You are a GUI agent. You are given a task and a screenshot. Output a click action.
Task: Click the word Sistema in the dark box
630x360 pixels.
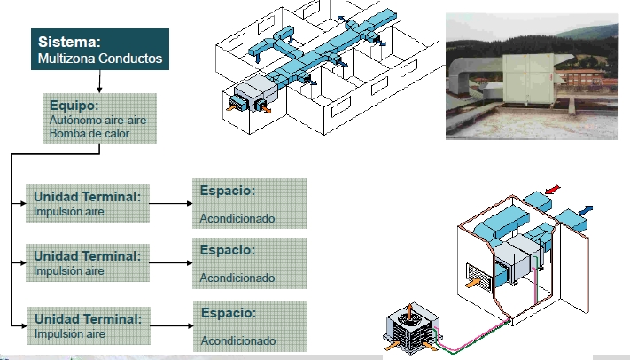pyautogui.click(x=69, y=42)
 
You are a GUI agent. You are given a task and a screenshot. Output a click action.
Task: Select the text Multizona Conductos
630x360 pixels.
pyautogui.click(x=99, y=59)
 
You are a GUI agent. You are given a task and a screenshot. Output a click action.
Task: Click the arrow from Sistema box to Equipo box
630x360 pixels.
pyautogui.click(x=99, y=82)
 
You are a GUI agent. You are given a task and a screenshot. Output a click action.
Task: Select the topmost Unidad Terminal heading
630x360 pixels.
pyautogui.click(x=87, y=195)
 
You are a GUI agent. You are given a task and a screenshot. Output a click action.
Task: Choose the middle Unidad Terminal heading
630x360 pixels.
pyautogui.click(x=87, y=255)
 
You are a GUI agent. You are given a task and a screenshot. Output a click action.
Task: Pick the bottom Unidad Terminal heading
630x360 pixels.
pyautogui.click(x=87, y=317)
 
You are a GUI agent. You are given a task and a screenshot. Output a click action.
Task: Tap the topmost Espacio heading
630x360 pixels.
pyautogui.click(x=228, y=190)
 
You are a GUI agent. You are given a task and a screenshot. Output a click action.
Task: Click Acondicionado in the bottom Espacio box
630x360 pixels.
pyautogui.click(x=238, y=340)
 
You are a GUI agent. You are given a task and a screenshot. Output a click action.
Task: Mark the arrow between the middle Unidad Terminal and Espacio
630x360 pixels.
pyautogui.click(x=171, y=262)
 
